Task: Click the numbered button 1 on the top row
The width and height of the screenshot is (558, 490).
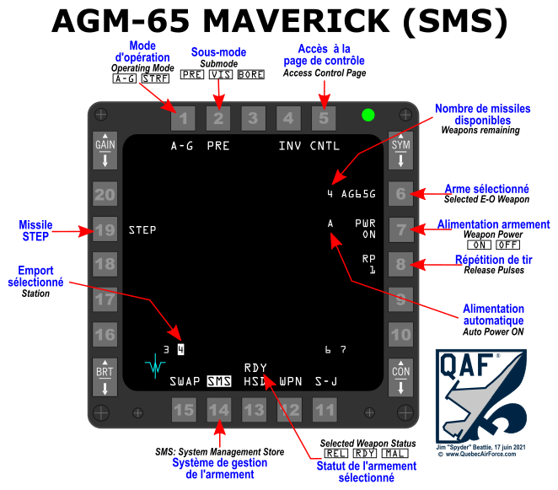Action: [183, 119]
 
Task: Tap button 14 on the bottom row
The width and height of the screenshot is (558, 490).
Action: [218, 411]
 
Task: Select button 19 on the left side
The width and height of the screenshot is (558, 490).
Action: [105, 229]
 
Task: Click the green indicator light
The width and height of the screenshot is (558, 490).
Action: [368, 116]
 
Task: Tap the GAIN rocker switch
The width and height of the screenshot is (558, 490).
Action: [105, 150]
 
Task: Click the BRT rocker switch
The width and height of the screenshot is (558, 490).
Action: [105, 377]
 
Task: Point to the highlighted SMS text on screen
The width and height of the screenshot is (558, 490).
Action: [218, 381]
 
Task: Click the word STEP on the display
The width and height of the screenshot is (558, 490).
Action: [142, 229]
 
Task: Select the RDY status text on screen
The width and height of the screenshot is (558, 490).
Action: [255, 368]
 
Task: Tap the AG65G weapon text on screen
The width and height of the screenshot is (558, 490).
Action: [358, 194]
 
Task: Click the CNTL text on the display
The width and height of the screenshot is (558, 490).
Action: [325, 146]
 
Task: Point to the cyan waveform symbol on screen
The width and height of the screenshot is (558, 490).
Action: [155, 366]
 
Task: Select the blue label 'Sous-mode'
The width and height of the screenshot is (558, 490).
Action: [218, 52]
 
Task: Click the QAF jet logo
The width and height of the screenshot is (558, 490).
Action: [480, 396]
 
